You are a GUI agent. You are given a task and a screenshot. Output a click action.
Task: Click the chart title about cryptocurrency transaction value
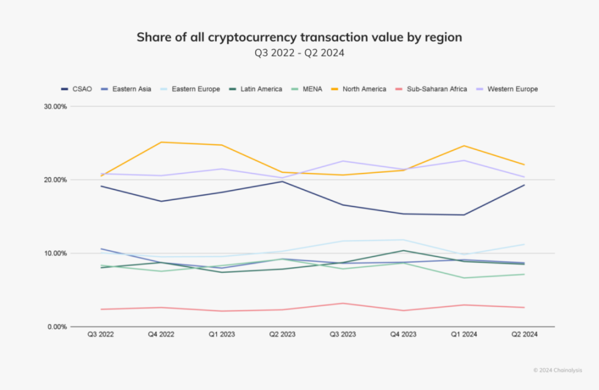pos(299,38)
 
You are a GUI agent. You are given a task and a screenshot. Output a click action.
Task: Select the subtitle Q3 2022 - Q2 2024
pos(299,53)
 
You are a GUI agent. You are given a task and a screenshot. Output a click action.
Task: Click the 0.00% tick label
pos(57,326)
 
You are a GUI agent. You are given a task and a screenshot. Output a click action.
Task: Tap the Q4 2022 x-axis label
pos(161,334)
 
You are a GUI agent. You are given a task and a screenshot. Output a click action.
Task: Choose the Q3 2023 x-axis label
pos(343,334)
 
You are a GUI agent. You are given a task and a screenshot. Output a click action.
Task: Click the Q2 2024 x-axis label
pos(524,334)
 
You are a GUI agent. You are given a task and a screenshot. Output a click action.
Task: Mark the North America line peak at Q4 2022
pos(161,142)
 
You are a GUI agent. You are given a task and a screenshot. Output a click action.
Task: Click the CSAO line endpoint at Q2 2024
pos(524,185)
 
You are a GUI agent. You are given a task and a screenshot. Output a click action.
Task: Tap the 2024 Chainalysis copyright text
pos(558,370)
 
